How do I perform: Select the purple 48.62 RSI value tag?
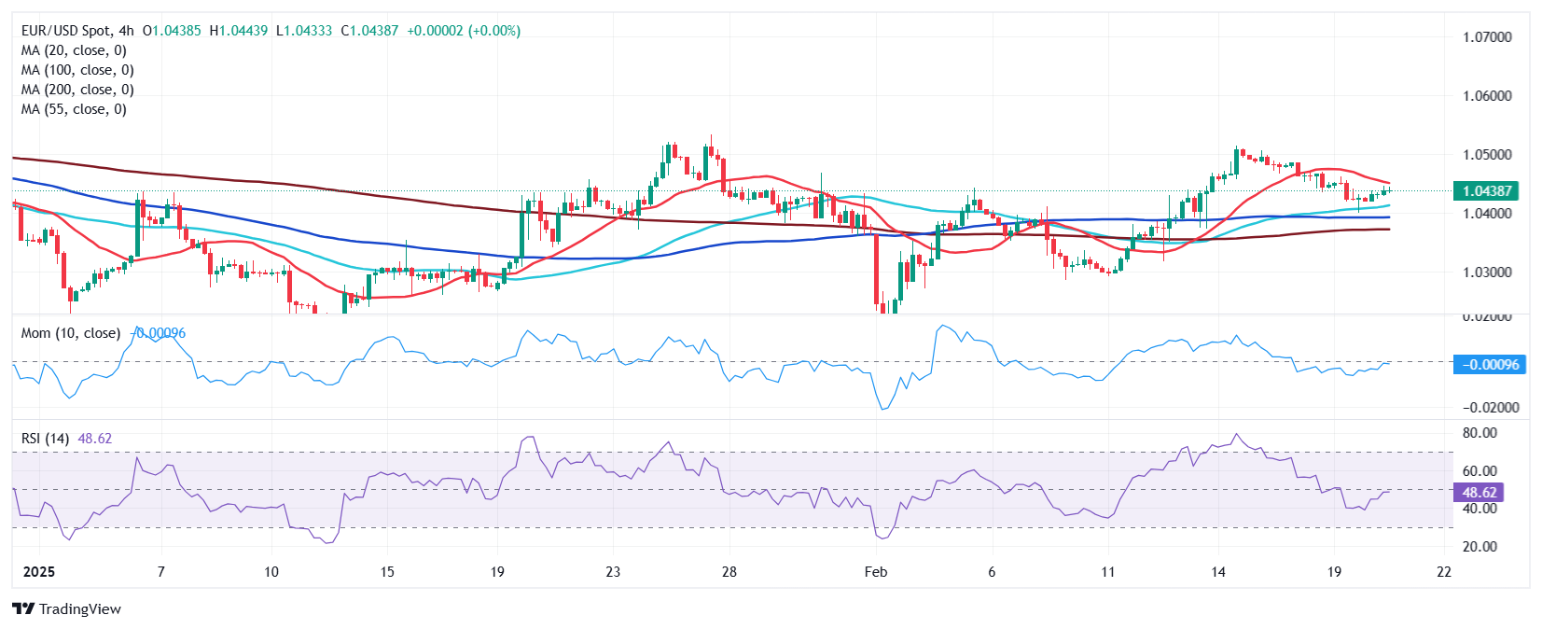(x=1479, y=492)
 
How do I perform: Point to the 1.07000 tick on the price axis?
(x=1487, y=37)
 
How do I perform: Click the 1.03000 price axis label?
(x=1487, y=273)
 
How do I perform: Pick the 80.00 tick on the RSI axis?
(x=1479, y=433)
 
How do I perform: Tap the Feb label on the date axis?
(x=875, y=571)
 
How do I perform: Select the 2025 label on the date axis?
(x=38, y=571)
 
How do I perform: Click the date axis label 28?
(x=729, y=571)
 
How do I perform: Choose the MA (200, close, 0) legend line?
(x=77, y=90)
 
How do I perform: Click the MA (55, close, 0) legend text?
(x=74, y=109)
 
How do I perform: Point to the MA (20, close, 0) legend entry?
(x=74, y=50)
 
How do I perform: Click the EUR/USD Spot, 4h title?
(x=77, y=31)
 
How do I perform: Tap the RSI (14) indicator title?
(x=45, y=438)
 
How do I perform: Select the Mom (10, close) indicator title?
(x=71, y=333)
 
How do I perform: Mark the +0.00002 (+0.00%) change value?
(x=464, y=31)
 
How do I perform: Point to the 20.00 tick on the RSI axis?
(x=1479, y=547)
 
